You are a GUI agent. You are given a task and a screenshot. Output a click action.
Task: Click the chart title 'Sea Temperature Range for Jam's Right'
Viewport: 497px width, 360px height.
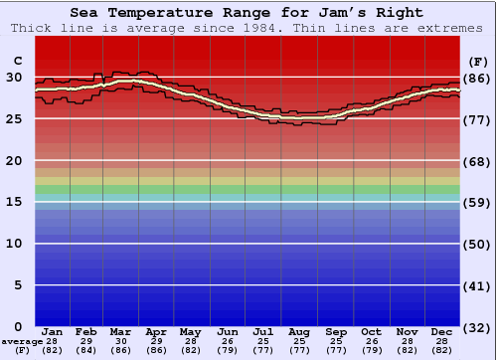[x=247, y=13]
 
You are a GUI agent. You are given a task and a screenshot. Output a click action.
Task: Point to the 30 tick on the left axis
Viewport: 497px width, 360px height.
[x=14, y=77]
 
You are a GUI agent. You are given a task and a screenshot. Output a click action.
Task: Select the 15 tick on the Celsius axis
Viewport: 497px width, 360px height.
[x=14, y=202]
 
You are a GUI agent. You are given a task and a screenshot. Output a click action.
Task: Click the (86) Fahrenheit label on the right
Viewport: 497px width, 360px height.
[x=478, y=78]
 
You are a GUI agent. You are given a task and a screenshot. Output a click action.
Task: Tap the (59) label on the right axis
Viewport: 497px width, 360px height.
[x=478, y=203]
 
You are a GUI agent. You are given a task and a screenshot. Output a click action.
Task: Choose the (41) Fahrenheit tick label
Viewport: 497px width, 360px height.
[x=478, y=286]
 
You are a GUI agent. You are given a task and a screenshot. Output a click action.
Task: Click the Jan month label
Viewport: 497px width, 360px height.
[x=53, y=331]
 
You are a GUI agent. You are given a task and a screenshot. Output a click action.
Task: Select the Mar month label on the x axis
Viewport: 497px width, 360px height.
[x=120, y=331]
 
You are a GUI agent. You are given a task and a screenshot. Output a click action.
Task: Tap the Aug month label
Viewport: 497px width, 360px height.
[x=298, y=331]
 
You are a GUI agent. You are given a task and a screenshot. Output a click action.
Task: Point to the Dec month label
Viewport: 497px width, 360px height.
[x=441, y=331]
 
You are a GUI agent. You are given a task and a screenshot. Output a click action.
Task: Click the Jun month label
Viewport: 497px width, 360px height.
[x=228, y=331]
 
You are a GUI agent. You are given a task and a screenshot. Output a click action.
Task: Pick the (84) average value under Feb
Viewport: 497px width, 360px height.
[x=86, y=351]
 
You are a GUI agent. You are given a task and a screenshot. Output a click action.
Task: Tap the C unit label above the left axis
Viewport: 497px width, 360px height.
[x=17, y=60]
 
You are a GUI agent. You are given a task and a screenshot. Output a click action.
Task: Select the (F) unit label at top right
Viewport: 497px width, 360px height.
[x=478, y=60]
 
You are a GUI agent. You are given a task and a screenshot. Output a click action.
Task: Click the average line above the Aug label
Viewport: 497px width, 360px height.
[x=298, y=118]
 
